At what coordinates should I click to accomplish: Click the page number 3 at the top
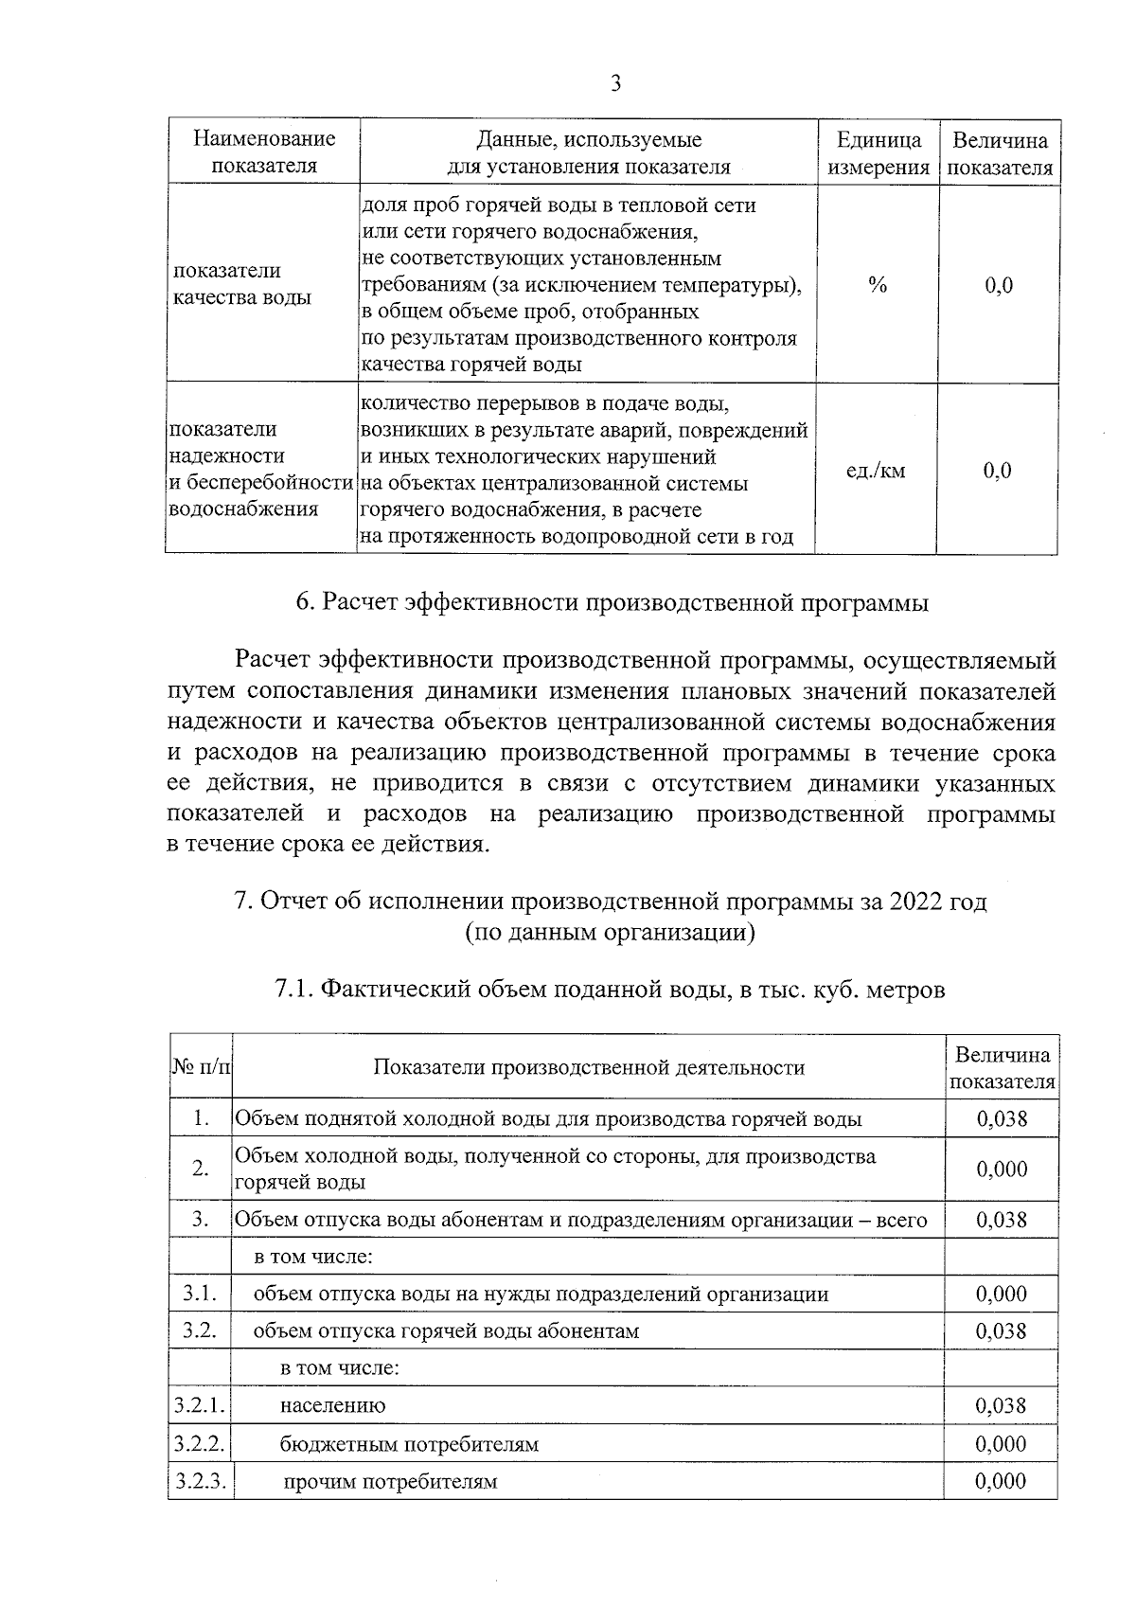615,84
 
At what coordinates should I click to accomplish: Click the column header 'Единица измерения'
879,153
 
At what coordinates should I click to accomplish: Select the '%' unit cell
878,285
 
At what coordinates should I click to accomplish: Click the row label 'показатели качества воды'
240,284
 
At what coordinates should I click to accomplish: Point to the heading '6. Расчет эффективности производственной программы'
612,603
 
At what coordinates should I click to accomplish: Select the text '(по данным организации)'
611,933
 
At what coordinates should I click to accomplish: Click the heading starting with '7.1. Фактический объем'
610,991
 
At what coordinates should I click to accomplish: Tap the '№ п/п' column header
201,1067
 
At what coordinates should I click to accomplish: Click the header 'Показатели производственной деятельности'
589,1067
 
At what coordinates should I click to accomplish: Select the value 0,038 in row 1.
1002,1118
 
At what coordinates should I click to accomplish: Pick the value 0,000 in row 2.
1002,1169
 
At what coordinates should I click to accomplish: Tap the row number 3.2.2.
200,1444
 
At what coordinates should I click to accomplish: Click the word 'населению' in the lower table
332,1405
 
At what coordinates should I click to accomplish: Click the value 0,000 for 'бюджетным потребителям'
1002,1444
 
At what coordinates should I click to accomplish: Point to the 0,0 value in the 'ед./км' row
998,471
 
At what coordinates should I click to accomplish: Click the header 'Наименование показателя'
264,153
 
